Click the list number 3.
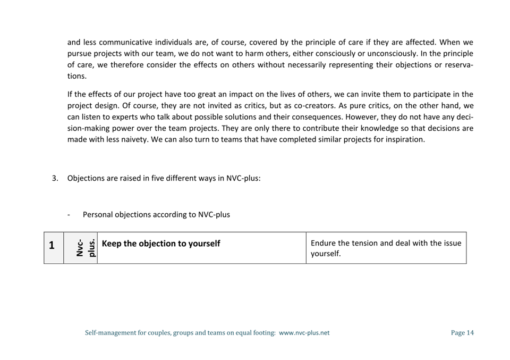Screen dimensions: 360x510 click(x=55, y=178)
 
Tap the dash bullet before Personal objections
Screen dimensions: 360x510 click(x=69, y=215)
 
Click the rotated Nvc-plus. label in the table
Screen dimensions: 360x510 click(x=86, y=248)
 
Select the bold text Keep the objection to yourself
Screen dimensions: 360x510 click(x=160, y=244)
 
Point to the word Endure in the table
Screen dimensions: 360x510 click(x=322, y=243)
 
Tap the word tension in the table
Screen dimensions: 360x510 click(x=364, y=243)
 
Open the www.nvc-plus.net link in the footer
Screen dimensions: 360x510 click(x=304, y=333)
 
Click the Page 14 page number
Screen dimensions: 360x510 click(x=462, y=333)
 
